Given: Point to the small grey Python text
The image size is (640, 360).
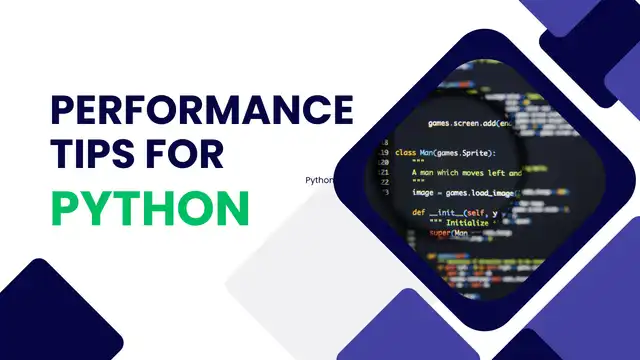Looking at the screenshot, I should click(319, 181).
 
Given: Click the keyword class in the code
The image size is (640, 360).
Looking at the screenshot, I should click(405, 153).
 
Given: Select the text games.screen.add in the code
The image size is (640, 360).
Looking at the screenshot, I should click(462, 123).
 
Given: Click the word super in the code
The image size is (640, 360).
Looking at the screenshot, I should click(442, 234).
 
